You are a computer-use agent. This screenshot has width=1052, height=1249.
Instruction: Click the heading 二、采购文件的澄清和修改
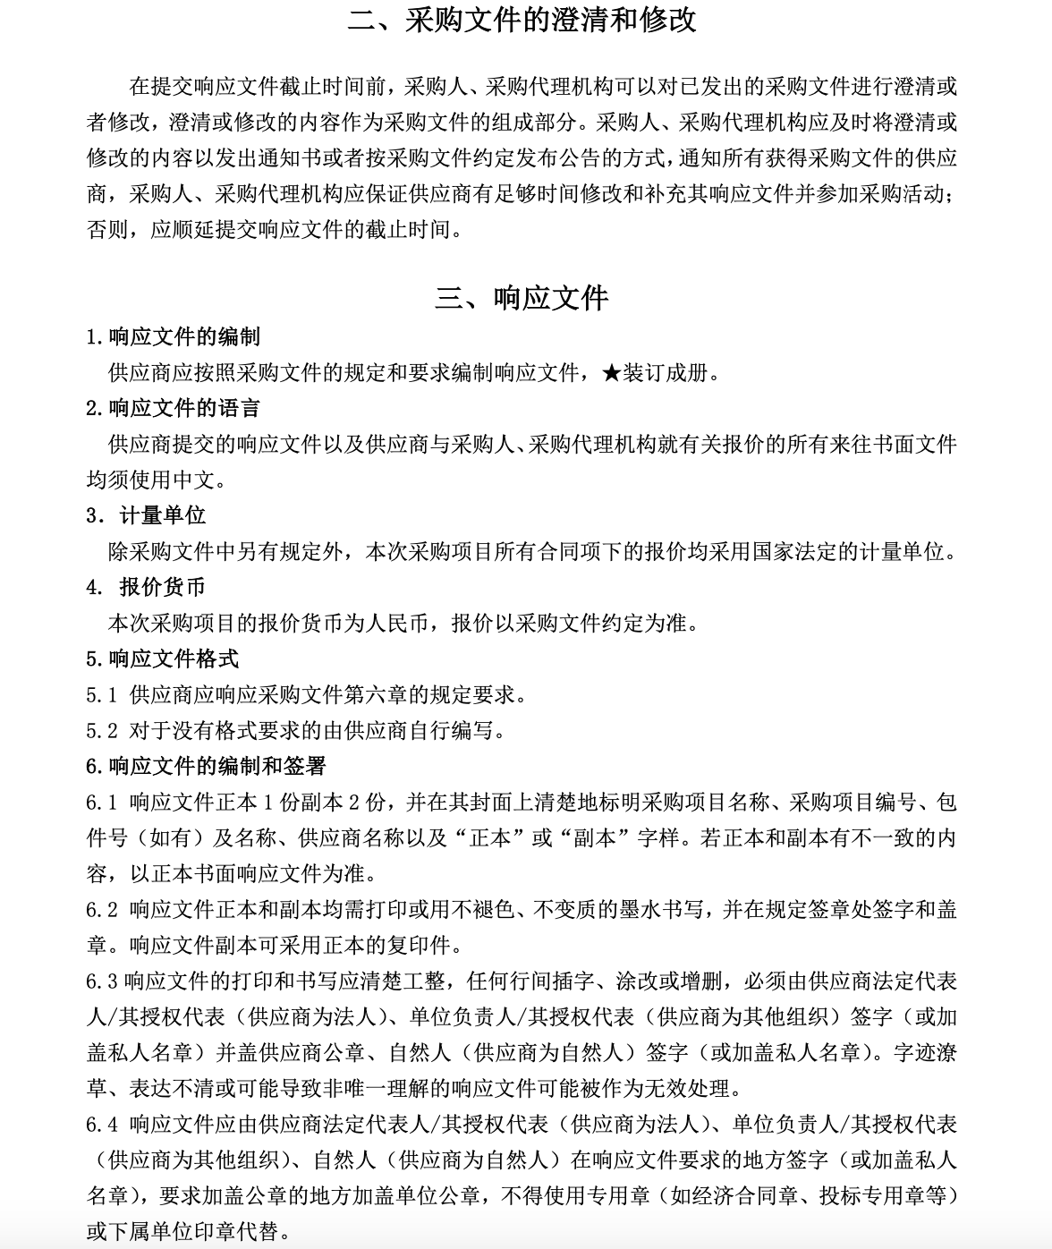click(x=522, y=20)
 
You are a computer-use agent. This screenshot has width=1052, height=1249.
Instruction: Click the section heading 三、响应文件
click(x=522, y=298)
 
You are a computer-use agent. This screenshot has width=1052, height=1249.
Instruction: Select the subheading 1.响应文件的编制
click(x=174, y=336)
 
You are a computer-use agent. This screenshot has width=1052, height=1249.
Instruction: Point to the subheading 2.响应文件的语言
click(x=174, y=408)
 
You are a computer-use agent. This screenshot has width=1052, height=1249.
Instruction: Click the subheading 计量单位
click(x=162, y=515)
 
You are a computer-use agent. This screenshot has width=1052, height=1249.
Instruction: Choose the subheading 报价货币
click(x=162, y=587)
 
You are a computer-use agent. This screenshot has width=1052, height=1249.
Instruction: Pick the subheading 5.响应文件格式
click(x=163, y=658)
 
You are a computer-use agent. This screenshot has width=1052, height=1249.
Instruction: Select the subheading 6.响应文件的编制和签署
click(x=206, y=766)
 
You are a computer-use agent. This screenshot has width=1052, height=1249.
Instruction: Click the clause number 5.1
click(x=102, y=694)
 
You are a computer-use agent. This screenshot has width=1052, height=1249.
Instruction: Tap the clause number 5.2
click(x=102, y=730)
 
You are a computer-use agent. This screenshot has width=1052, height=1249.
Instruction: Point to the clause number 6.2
click(x=102, y=909)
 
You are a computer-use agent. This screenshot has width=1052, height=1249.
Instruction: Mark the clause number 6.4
click(x=102, y=1124)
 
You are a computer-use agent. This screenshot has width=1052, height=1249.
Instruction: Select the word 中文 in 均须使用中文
click(x=195, y=480)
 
